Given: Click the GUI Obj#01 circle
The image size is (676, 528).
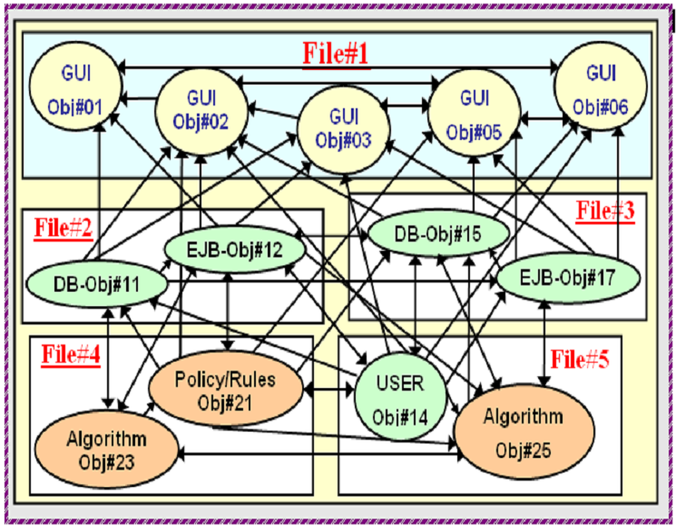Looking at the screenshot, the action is pyautogui.click(x=75, y=86).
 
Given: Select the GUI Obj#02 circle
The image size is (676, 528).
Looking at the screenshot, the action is pyautogui.click(x=201, y=111).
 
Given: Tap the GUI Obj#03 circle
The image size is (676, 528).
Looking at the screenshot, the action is pyautogui.click(x=344, y=130).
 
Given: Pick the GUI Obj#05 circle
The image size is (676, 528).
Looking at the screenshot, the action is pyautogui.click(x=474, y=113).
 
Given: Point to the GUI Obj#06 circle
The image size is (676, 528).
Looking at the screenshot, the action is pyautogui.click(x=600, y=86).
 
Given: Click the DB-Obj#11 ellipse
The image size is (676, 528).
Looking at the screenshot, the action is pyautogui.click(x=96, y=284).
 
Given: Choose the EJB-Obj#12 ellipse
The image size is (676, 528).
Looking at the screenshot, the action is pyautogui.click(x=235, y=250).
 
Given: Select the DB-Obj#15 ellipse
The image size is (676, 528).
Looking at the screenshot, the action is pyautogui.click(x=437, y=234).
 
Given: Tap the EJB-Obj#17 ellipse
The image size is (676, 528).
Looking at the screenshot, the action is pyautogui.click(x=568, y=277).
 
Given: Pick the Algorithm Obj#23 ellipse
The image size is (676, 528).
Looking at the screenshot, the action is pyautogui.click(x=106, y=449).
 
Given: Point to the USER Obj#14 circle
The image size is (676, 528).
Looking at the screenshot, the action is pyautogui.click(x=400, y=399).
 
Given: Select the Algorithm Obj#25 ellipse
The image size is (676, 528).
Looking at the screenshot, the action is pyautogui.click(x=524, y=432).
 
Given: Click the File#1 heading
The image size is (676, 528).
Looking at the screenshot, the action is pyautogui.click(x=336, y=54).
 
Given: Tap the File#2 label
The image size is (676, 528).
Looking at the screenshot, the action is pyautogui.click(x=64, y=228).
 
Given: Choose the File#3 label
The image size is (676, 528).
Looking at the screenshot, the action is pyautogui.click(x=605, y=211).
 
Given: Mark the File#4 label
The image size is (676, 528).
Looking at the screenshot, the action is pyautogui.click(x=71, y=355).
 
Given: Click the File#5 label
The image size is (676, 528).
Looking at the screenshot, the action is pyautogui.click(x=580, y=358).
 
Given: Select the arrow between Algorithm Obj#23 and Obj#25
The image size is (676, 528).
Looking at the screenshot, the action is pyautogui.click(x=320, y=455).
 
